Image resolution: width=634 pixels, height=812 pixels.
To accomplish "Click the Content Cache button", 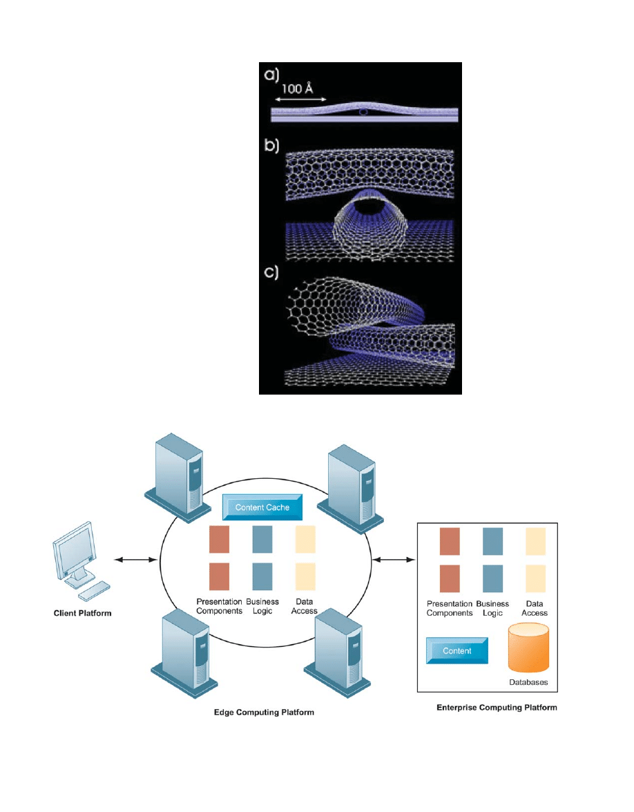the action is click(262, 507).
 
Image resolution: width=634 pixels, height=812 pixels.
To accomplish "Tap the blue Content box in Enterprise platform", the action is click(457, 651).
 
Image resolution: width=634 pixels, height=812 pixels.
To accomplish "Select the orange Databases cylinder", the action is click(528, 648).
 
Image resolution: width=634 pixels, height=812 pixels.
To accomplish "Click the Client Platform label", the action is click(83, 613).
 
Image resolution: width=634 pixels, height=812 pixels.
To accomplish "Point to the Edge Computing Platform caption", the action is click(264, 712).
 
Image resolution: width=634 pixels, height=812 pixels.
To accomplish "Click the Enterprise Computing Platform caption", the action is click(497, 708).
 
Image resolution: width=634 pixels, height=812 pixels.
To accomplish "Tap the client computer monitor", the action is click(75, 552).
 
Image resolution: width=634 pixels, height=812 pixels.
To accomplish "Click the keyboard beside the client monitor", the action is click(94, 591).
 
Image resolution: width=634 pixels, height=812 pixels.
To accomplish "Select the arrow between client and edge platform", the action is click(135, 559).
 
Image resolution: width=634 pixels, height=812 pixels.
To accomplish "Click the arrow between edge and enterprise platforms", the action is click(394, 559).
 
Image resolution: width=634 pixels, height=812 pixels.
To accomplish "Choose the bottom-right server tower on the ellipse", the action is click(338, 654).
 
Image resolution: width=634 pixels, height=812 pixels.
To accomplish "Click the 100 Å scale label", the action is click(297, 89).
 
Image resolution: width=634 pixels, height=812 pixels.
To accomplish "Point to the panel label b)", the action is click(271, 146).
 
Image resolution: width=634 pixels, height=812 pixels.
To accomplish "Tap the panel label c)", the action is click(271, 272).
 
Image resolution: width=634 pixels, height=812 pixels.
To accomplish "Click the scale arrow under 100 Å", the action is click(300, 99).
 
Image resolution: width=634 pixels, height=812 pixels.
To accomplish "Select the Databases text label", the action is click(528, 682).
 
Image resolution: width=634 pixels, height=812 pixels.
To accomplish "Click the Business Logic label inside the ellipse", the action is click(262, 607).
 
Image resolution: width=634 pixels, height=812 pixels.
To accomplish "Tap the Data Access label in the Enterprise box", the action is click(535, 609).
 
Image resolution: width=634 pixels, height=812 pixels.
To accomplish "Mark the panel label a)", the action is click(271, 75).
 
